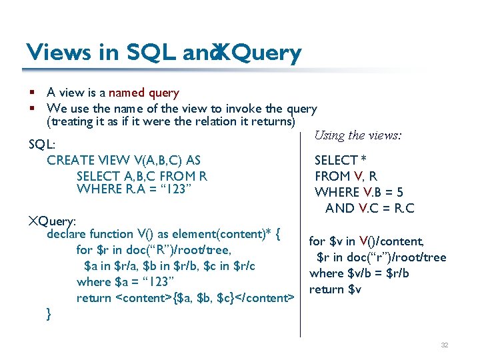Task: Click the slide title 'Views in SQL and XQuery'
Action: pyautogui.click(x=163, y=52)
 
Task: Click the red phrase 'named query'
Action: pyautogui.click(x=143, y=93)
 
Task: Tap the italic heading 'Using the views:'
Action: pyautogui.click(x=357, y=135)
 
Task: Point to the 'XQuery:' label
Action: pyautogui.click(x=52, y=220)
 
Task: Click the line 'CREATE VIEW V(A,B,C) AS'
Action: pyautogui.click(x=124, y=161)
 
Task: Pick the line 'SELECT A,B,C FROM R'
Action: pyautogui.click(x=141, y=176)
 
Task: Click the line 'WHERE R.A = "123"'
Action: pyautogui.click(x=135, y=189)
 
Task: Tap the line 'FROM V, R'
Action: pyautogui.click(x=346, y=177)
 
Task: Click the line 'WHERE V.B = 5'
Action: pyautogui.click(x=359, y=193)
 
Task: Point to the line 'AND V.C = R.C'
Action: pyautogui.click(x=369, y=209)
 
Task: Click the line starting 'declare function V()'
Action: pyautogui.click(x=163, y=234)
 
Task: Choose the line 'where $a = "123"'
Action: pyautogui.click(x=125, y=282)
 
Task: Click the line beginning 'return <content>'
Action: pyautogui.click(x=185, y=298)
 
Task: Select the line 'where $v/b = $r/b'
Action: pyautogui.click(x=359, y=273)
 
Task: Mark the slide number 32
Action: pyautogui.click(x=444, y=345)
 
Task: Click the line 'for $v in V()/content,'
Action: pyautogui.click(x=366, y=241)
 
